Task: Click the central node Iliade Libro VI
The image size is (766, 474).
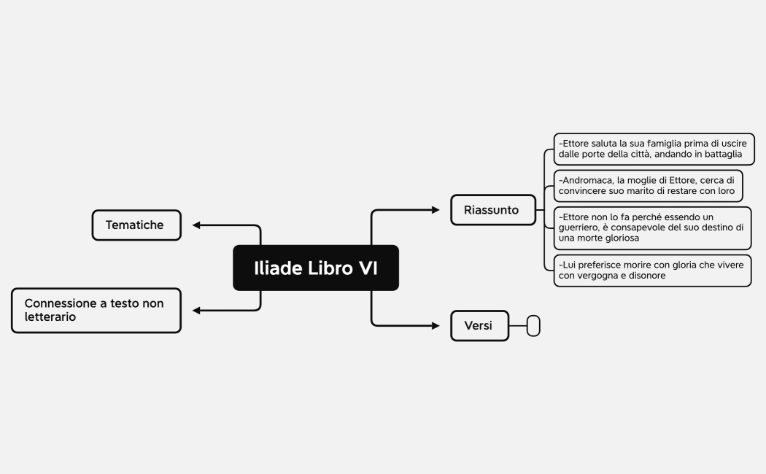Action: point(315,268)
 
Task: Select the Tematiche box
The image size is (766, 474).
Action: point(136,225)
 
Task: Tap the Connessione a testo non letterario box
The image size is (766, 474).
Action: point(96,310)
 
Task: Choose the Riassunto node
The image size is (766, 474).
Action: point(492,210)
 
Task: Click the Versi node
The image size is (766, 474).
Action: point(479,325)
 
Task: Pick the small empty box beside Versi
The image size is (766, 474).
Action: point(533,326)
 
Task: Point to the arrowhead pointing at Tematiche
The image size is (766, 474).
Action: point(196,225)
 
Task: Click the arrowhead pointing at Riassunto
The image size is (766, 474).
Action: point(436,210)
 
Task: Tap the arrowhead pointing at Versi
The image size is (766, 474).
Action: point(436,325)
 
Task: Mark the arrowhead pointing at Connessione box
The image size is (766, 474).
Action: point(196,311)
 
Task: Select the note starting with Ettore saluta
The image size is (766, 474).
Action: point(653,149)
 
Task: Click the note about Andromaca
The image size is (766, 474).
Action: point(648,185)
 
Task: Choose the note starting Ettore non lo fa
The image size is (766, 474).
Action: point(651,228)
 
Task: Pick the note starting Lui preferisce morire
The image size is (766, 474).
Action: point(651,270)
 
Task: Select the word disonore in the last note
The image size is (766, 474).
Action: point(643,276)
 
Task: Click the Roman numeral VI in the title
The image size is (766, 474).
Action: point(368,268)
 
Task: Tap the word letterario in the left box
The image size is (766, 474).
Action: point(50,317)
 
